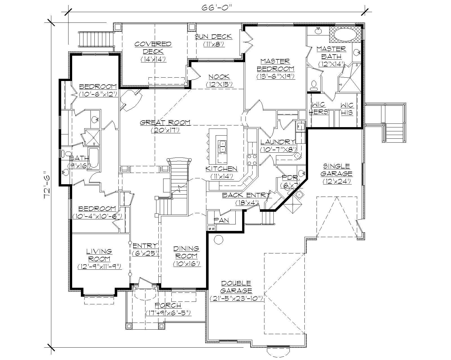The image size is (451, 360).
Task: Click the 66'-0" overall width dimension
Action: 216,8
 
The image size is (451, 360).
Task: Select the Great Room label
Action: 165,123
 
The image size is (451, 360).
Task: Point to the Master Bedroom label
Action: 275,65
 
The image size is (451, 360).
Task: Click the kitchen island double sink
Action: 222,147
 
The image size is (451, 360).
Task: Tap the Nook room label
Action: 219,77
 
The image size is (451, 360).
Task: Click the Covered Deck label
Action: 153,48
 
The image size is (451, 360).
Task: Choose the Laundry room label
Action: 278,142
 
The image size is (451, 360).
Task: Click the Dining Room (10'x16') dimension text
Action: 186,264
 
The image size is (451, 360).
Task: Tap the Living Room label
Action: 99,255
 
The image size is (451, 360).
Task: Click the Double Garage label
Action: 236,287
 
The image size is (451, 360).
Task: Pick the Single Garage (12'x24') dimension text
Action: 337,181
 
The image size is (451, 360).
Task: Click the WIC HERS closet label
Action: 319,109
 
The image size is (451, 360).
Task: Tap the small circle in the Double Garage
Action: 218,239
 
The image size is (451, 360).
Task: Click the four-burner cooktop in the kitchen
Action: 251,160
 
